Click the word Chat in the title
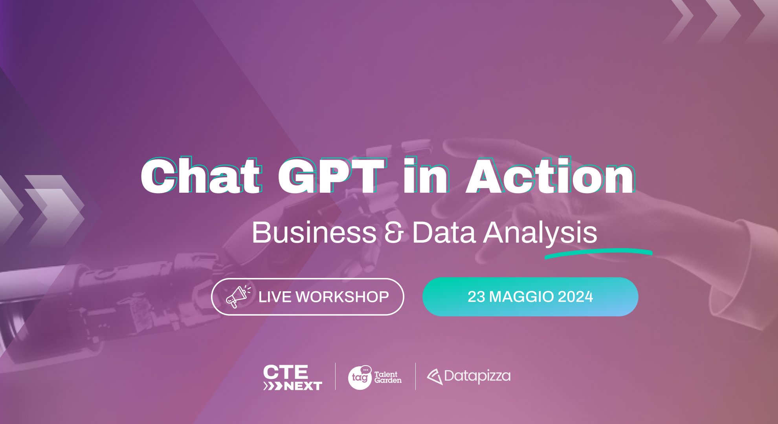coord(201,177)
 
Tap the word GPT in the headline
coord(331,177)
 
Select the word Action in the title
coord(550,177)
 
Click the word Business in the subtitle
coord(314,232)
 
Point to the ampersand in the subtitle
coord(394,232)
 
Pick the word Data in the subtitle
coord(444,232)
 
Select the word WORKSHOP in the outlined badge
coord(342,297)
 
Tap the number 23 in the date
coord(476,297)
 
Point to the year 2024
coord(575,297)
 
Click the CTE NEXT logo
coord(292,377)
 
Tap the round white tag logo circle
coord(359,378)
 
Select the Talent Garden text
coord(387,377)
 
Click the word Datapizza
coord(477,376)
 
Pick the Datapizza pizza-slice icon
coord(435,376)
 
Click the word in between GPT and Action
coord(426,177)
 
